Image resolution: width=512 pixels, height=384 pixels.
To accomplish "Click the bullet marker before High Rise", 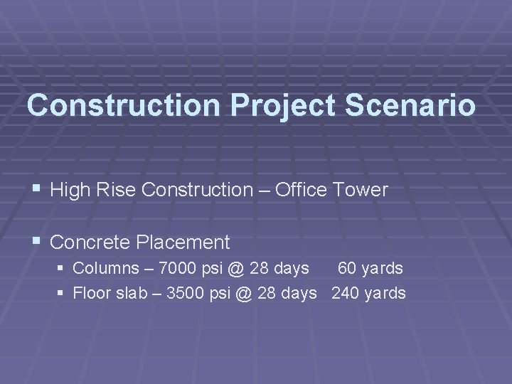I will pyautogui.click(x=37, y=190).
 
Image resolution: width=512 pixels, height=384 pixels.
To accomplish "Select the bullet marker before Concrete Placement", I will pyautogui.click(x=37, y=242).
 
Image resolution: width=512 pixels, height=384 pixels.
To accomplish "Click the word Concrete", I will pyautogui.click(x=90, y=242).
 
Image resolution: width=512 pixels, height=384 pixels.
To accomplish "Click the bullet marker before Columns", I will pyautogui.click(x=62, y=269).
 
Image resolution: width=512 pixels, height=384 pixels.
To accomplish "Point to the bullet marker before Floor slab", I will pyautogui.click(x=62, y=293).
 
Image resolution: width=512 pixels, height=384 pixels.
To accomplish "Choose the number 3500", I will pyautogui.click(x=186, y=293).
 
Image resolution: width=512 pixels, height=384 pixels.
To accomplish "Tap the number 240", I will pyautogui.click(x=345, y=293).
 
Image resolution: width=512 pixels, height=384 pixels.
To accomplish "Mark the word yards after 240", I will pyautogui.click(x=385, y=293).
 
